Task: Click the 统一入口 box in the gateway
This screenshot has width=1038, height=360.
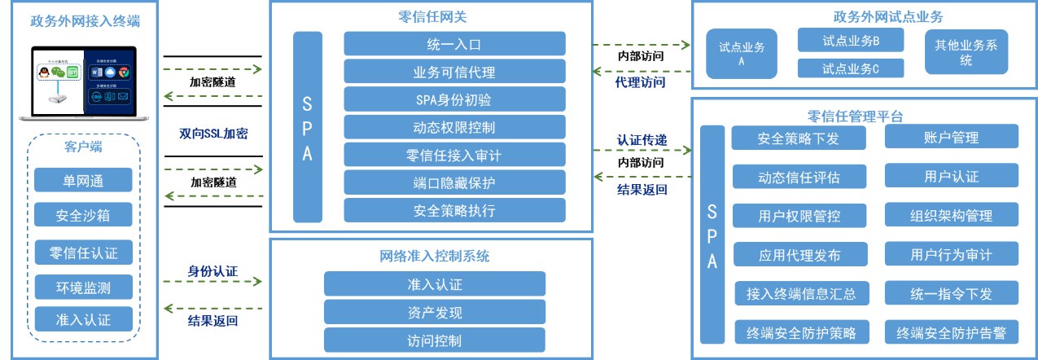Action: tap(454, 43)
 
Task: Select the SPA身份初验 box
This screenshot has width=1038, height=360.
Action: tap(454, 99)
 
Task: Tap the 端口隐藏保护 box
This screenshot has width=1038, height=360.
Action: tap(454, 182)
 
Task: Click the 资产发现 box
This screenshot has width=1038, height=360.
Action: tap(435, 312)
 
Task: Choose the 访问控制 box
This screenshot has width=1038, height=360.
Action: tap(435, 340)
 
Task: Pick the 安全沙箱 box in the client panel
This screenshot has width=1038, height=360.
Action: tap(84, 215)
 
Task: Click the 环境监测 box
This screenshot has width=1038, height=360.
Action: tap(84, 287)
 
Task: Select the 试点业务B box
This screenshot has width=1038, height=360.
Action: tap(851, 40)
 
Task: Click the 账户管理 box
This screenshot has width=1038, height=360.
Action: tap(951, 137)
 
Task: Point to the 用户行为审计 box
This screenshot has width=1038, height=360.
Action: tap(951, 254)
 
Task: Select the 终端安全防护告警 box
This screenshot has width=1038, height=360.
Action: tap(951, 331)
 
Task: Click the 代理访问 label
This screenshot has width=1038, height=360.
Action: tap(641, 81)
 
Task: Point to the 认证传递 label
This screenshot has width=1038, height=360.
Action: tap(642, 140)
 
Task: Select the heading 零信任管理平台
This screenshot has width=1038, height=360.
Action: tap(864, 116)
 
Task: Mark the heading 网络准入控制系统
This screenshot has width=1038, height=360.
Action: tap(435, 256)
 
